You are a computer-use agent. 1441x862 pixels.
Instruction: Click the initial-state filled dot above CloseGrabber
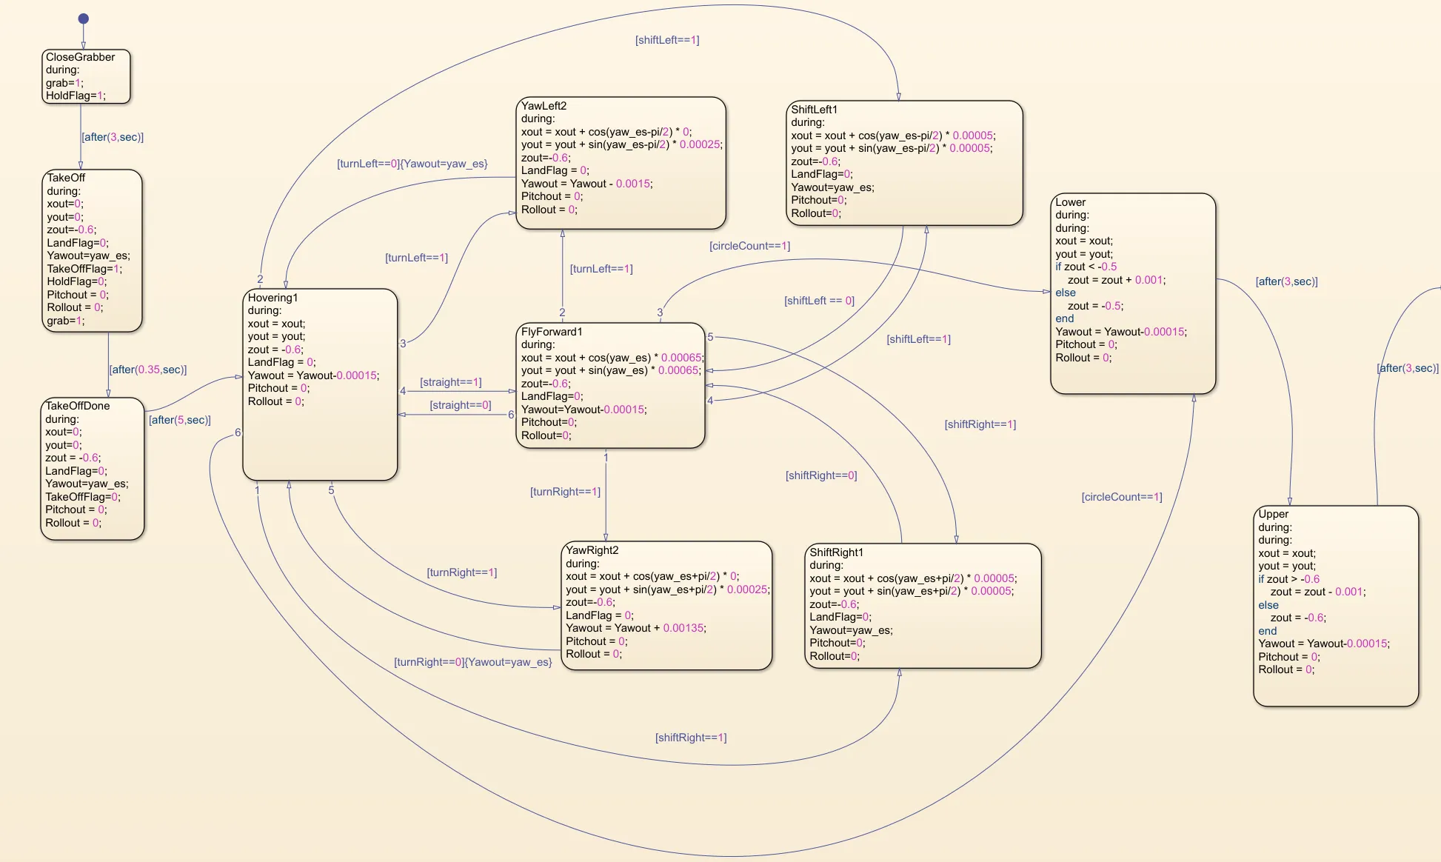84,19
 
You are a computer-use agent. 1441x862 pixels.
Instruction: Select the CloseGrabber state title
80,57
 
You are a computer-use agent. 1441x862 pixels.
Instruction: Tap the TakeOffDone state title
77,406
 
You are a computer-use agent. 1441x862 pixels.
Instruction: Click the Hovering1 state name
273,298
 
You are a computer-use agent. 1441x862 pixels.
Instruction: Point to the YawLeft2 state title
544,106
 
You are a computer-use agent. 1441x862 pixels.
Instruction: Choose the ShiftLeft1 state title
814,110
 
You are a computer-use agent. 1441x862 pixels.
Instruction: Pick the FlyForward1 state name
552,332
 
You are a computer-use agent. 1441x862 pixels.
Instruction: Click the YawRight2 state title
592,550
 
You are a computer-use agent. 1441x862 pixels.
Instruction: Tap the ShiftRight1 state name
836,552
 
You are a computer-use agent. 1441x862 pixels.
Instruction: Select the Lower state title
1070,202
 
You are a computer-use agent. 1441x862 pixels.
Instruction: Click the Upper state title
1273,514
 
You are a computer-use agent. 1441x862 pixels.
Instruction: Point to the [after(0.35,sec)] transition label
147,370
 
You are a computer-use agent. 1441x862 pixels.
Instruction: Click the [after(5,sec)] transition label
180,420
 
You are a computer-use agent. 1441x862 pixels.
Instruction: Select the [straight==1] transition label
450,382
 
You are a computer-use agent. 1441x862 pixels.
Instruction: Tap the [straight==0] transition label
460,405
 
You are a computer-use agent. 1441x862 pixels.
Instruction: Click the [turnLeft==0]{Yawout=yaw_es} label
412,164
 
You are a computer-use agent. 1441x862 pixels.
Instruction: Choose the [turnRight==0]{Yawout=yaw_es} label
472,662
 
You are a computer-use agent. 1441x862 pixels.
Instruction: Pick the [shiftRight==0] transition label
820,475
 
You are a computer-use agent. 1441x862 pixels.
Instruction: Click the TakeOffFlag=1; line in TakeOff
84,269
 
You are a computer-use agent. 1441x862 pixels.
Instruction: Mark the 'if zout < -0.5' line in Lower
1086,267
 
